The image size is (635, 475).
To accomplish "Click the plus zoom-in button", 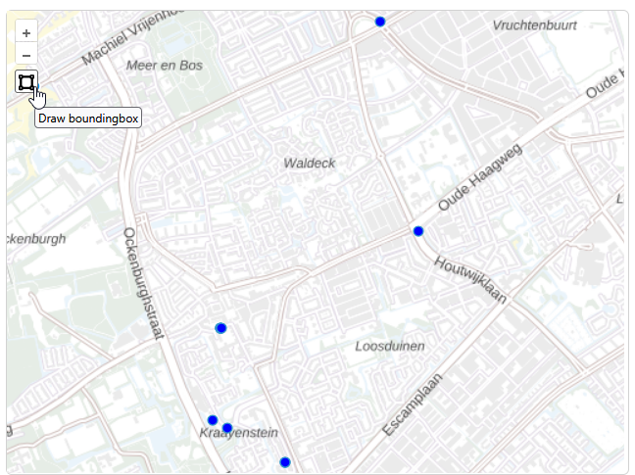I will click(x=26, y=32).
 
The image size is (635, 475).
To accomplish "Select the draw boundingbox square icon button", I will click(x=26, y=81).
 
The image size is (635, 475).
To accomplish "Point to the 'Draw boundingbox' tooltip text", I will click(x=88, y=119).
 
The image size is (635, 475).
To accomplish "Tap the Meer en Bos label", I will click(x=165, y=66).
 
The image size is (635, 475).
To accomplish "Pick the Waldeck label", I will click(x=310, y=163).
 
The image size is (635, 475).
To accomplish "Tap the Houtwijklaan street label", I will click(x=470, y=279).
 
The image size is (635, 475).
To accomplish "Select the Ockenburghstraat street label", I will click(x=142, y=284).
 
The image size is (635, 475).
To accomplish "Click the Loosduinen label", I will click(x=389, y=346).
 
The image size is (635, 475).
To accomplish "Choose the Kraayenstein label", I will click(x=240, y=433).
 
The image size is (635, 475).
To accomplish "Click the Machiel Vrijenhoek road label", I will click(x=132, y=37).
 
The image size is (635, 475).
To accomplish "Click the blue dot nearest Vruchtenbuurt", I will click(x=380, y=22).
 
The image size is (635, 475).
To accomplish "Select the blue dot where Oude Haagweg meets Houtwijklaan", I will click(x=418, y=231).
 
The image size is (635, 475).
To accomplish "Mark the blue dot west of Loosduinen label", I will click(x=220, y=328).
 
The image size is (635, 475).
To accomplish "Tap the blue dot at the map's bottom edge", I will click(x=285, y=462).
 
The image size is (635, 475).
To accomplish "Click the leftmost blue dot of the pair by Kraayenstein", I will click(x=213, y=420).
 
